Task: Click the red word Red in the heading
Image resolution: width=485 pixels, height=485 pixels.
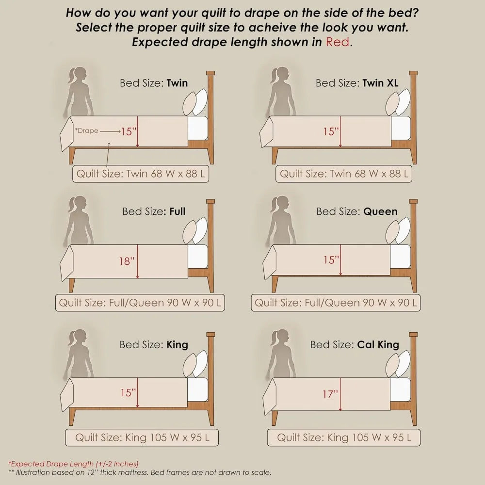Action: [338, 42]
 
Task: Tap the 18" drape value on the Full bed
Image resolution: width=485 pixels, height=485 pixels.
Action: [127, 261]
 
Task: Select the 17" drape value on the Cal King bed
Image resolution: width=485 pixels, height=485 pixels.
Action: [330, 394]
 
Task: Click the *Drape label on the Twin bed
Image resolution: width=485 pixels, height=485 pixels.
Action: [86, 130]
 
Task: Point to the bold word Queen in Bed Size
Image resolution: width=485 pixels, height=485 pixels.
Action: [380, 211]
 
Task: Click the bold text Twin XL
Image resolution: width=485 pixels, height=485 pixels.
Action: [380, 83]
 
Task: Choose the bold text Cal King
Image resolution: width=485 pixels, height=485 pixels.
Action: [378, 344]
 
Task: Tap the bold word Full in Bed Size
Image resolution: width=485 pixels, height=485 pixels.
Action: [177, 211]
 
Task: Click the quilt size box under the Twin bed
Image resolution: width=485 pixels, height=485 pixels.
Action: [141, 174]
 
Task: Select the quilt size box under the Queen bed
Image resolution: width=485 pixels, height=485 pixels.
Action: [336, 303]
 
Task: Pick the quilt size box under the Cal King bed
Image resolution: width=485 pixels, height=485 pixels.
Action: [344, 437]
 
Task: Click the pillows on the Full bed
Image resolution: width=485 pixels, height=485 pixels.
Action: [195, 231]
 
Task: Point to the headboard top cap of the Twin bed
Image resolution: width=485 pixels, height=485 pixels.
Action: [210, 73]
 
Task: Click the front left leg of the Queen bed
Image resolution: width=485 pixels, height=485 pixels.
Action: [275, 284]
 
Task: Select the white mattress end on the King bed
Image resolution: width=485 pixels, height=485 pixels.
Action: [197, 389]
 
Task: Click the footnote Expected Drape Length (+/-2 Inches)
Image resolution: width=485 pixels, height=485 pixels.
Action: [73, 464]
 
